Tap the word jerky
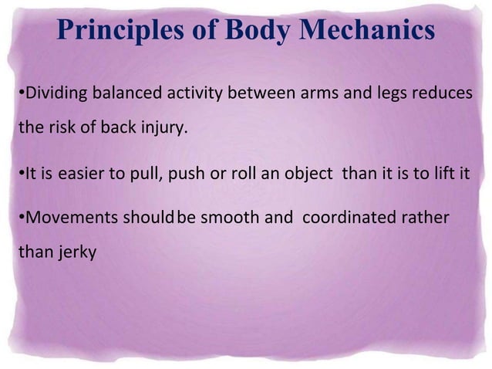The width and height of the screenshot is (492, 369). pos(73,252)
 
